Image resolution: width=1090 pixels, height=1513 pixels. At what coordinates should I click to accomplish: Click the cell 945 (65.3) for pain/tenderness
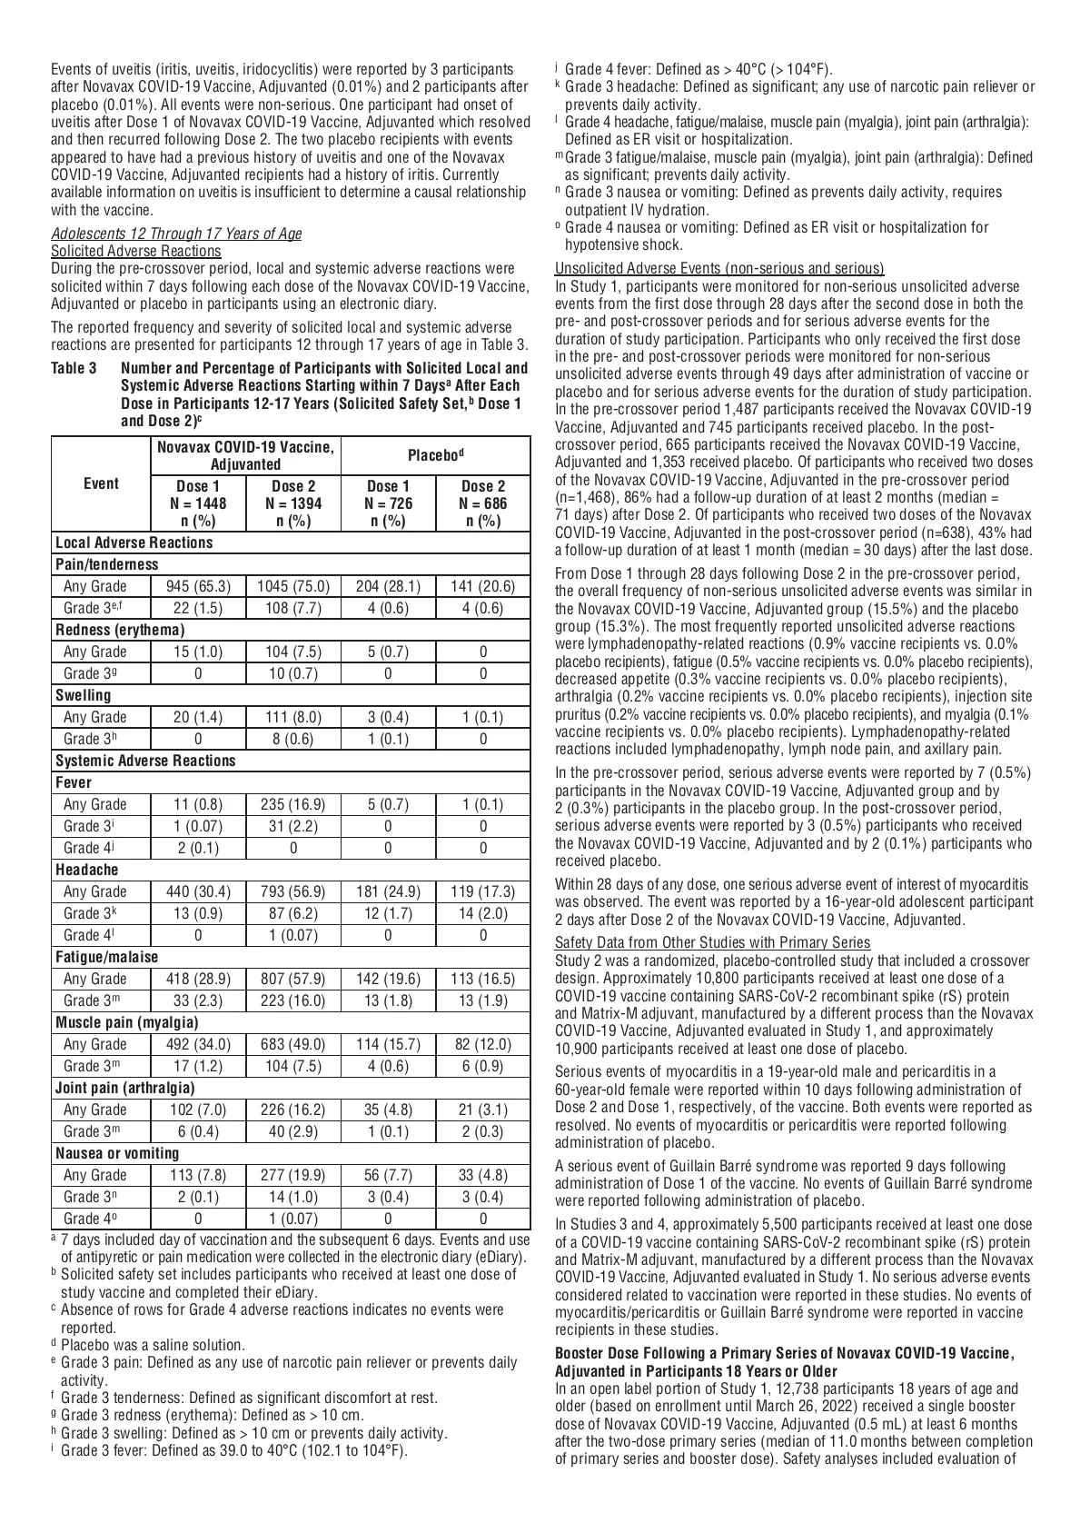point(198,586)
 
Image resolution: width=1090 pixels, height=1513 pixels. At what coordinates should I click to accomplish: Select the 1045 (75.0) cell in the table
point(293,586)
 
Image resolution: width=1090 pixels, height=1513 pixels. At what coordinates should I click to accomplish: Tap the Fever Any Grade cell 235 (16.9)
point(293,804)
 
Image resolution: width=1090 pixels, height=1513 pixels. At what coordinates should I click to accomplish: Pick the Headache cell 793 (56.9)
point(293,891)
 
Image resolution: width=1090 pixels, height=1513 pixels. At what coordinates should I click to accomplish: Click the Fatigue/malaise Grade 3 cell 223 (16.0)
point(293,1000)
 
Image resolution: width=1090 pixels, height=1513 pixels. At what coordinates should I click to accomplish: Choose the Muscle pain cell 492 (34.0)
point(198,1044)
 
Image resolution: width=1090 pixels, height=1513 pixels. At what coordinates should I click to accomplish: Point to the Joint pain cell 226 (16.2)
point(293,1110)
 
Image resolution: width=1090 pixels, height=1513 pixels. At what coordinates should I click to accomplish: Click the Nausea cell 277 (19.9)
point(293,1175)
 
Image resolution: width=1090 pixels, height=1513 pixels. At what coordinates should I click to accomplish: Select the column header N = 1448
point(198,503)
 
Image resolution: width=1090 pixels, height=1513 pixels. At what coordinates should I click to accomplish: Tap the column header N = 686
point(483,503)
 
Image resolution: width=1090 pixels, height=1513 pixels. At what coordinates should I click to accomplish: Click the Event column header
point(101,483)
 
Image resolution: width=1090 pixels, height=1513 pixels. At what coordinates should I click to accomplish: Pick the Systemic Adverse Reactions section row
point(145,761)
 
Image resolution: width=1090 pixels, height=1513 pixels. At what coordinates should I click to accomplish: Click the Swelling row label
point(84,695)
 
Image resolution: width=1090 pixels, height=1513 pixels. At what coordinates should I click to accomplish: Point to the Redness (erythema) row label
point(120,630)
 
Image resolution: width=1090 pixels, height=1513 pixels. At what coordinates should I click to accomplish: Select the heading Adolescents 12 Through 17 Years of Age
point(176,234)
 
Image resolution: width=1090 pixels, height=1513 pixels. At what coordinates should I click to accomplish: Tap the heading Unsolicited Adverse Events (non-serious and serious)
point(719,268)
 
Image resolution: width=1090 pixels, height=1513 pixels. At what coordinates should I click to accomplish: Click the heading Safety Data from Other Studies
point(712,942)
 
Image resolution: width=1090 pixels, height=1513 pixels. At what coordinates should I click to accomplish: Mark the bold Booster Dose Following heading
point(785,1353)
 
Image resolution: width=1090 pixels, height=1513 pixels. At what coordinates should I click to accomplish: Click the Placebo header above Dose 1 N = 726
point(436,453)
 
